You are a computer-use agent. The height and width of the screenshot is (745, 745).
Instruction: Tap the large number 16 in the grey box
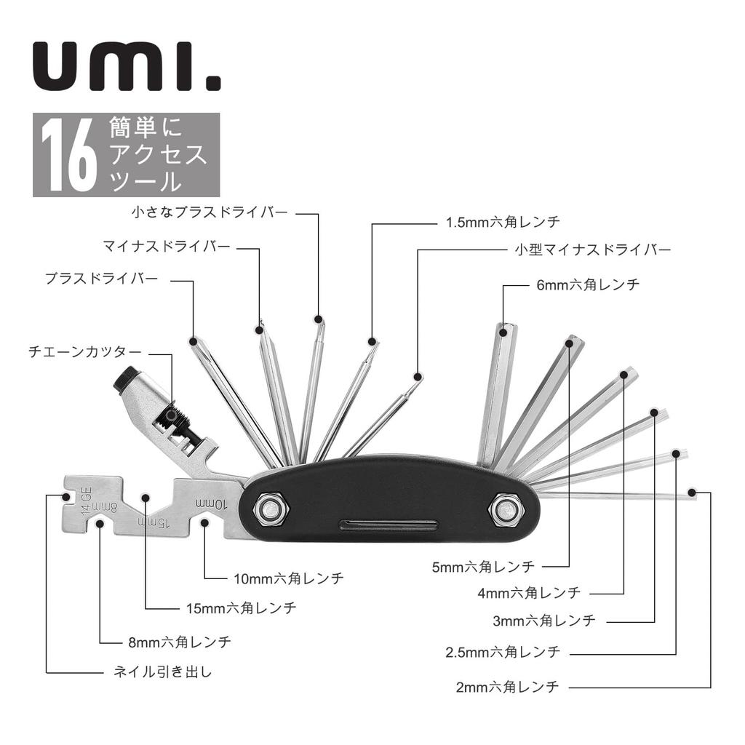[69, 155]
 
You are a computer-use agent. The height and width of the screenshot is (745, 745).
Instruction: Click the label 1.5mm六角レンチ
[503, 223]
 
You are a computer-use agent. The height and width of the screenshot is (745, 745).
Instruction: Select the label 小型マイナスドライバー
[588, 250]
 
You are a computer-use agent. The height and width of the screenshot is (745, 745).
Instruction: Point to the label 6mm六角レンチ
[588, 285]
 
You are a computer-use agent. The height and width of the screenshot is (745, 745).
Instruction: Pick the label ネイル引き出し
[163, 672]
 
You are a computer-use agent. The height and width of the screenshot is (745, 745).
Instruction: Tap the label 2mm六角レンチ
[507, 686]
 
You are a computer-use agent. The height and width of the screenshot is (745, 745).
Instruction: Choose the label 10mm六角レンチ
[288, 578]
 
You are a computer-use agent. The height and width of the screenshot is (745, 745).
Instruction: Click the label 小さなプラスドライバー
[210, 212]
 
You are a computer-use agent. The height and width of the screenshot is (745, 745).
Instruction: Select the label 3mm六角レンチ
[544, 621]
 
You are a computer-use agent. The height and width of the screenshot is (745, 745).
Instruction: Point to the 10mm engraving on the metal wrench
[212, 503]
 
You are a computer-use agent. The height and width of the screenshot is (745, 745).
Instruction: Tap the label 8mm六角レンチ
[179, 642]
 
